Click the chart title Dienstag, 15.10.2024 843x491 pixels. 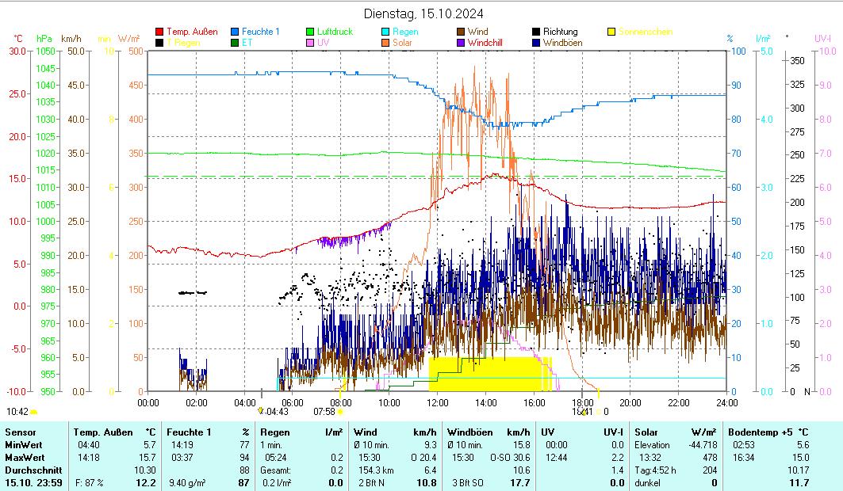[x=423, y=13]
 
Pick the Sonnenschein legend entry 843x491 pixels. [x=645, y=32]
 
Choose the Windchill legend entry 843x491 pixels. [x=489, y=43]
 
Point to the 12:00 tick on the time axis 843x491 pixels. [x=437, y=402]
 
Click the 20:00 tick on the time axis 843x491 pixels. [x=630, y=402]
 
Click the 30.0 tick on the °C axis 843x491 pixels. [x=17, y=51]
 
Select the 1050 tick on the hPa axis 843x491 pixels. [x=44, y=51]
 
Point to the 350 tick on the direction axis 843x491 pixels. [x=798, y=60]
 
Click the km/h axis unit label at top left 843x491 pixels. [x=71, y=38]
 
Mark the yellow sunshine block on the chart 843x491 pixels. [x=490, y=374]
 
